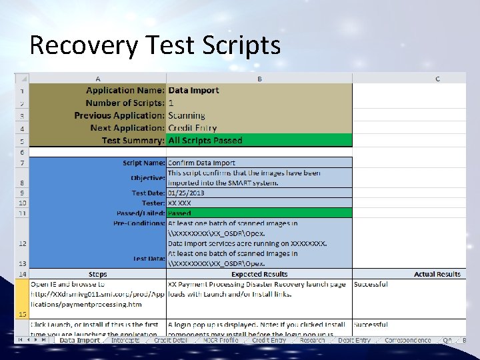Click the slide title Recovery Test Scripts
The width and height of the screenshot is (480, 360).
point(155,45)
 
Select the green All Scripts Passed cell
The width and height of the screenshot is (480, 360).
point(259,141)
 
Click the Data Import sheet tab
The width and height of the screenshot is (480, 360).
point(79,340)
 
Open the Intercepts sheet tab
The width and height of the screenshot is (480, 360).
point(125,340)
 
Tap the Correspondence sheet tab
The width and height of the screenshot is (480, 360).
point(407,340)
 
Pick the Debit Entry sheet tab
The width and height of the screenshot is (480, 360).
point(354,340)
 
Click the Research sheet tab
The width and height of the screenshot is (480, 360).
point(312,340)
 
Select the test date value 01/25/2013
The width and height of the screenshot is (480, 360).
point(186,193)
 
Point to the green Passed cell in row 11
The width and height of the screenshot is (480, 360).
point(259,213)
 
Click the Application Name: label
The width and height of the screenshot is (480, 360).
point(125,90)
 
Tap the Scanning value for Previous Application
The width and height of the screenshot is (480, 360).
point(187,115)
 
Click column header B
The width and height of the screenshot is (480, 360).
point(259,79)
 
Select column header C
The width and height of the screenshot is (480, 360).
point(437,79)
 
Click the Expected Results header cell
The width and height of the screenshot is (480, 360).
point(259,274)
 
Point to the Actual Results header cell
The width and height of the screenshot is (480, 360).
point(437,274)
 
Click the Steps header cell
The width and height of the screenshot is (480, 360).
point(97,274)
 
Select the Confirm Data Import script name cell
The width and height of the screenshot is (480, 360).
point(201,163)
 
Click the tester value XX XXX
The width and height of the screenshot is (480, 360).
point(179,203)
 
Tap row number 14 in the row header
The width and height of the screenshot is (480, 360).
point(22,274)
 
